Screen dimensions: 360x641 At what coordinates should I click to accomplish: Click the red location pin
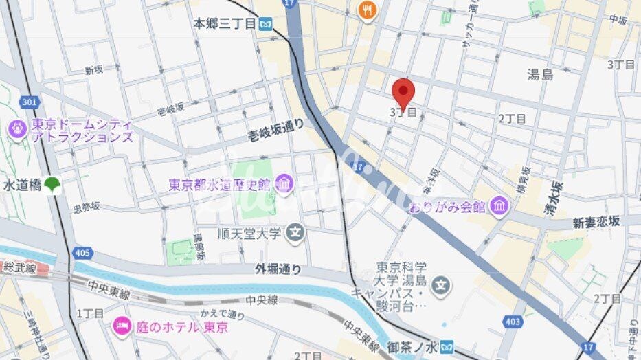tap(403, 93)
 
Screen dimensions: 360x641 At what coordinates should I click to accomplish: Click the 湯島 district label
tap(540, 75)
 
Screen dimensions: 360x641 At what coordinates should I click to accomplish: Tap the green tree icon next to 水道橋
tap(53, 185)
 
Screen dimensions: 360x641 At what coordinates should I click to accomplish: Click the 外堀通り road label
tap(278, 269)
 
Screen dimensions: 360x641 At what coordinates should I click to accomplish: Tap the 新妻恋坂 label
tap(596, 222)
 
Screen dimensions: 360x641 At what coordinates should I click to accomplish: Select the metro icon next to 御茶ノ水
tap(448, 346)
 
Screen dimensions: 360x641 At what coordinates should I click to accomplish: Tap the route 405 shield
tap(82, 254)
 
